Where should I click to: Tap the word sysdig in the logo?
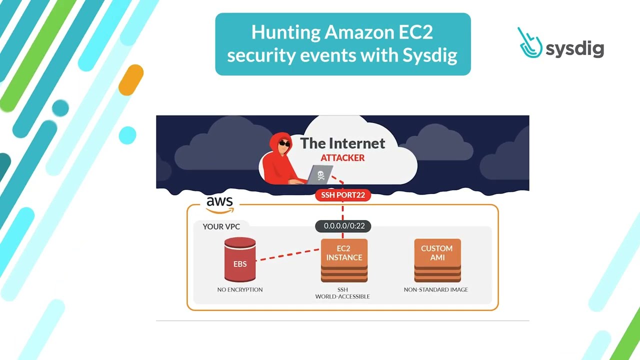(575, 48)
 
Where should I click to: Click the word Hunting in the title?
(285, 32)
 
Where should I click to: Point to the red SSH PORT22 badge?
(343, 195)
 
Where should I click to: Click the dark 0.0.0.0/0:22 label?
(343, 226)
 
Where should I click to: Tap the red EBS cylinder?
(240, 260)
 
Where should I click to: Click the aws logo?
(219, 202)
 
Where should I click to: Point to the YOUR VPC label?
(221, 226)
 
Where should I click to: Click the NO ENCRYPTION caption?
(240, 289)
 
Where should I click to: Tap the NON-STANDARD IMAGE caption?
(436, 289)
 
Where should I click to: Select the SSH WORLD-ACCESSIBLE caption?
(342, 293)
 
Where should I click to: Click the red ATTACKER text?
(342, 158)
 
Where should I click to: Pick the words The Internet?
(342, 143)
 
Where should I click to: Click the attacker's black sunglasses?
(284, 144)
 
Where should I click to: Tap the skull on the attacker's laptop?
(321, 175)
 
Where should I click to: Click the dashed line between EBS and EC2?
(288, 253)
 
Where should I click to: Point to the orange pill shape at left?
(131, 80)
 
